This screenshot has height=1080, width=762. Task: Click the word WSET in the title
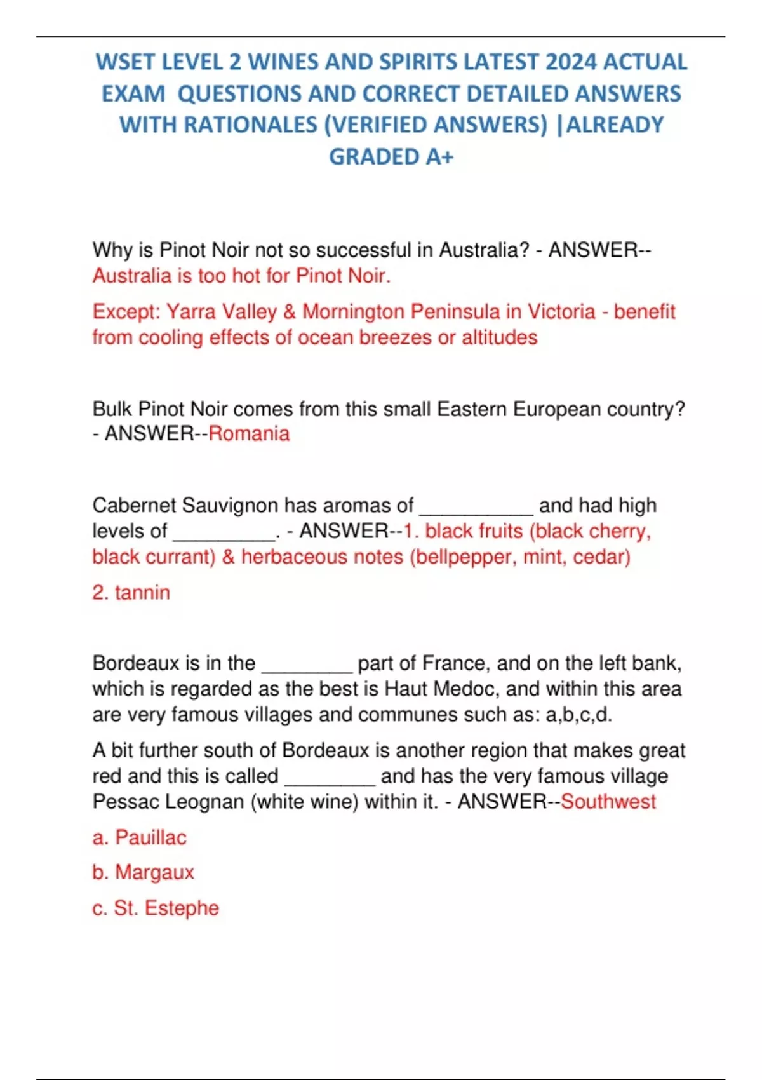pos(124,62)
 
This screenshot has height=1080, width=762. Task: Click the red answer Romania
pos(249,434)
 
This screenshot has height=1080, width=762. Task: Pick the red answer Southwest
pos(608,802)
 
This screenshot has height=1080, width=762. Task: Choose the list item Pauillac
pos(150,837)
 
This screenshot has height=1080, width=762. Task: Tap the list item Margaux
pos(154,872)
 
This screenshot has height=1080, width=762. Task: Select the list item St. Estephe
pos(166,908)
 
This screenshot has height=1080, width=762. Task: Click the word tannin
pos(142,593)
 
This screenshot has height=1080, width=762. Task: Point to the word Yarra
pos(189,312)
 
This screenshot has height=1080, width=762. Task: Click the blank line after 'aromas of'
pos(476,508)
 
